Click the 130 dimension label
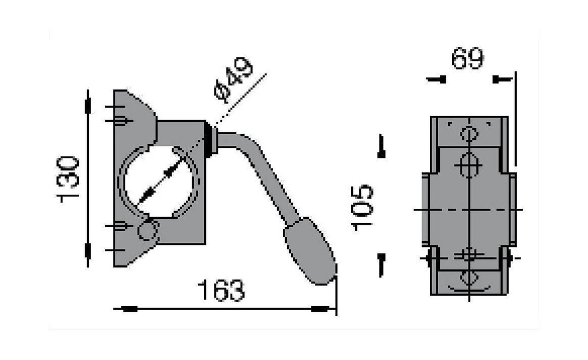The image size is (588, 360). [x=68, y=179]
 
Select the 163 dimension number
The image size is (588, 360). [x=222, y=290]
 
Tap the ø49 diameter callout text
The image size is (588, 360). [x=232, y=79]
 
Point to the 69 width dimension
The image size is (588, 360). [x=467, y=58]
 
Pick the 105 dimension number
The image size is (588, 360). [x=362, y=208]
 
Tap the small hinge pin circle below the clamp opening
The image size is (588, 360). [x=148, y=231]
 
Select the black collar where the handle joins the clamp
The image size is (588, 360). [x=210, y=140]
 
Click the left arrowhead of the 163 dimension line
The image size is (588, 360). [x=125, y=309]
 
